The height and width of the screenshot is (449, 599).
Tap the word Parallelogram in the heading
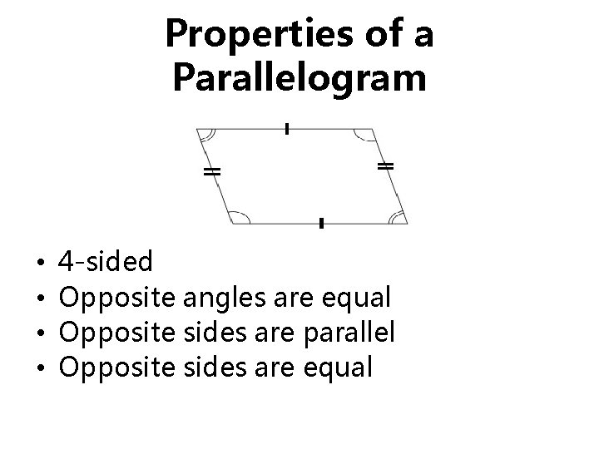(299, 78)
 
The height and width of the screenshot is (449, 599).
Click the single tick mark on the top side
(286, 128)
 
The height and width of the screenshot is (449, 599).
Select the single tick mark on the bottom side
(320, 223)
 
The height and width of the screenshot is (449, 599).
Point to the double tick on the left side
(212, 172)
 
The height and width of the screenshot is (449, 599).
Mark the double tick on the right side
(385, 167)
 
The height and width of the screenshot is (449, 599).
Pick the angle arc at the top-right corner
(364, 136)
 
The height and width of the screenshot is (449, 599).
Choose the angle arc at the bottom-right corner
(398, 218)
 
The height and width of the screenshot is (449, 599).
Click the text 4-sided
(106, 264)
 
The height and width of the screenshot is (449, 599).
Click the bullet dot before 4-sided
(41, 264)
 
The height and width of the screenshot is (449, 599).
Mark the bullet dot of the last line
(41, 368)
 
